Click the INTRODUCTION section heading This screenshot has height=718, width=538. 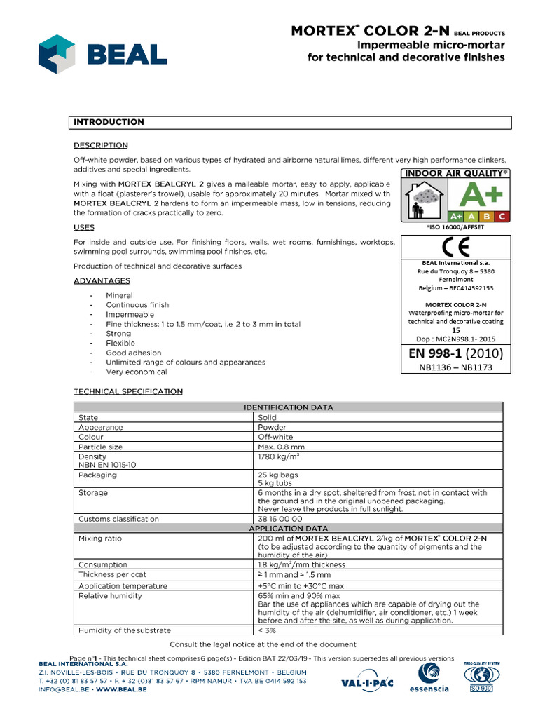(x=109, y=122)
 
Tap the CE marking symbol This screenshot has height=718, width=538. (x=451, y=248)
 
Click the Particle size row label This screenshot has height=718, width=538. (x=101, y=447)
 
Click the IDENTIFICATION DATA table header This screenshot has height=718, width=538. (x=288, y=407)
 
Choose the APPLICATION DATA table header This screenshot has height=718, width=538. (x=288, y=528)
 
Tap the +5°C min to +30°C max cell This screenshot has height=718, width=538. (x=301, y=585)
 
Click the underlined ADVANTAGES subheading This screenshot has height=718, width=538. (x=102, y=280)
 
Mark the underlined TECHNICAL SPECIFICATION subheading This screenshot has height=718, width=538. (x=128, y=391)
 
